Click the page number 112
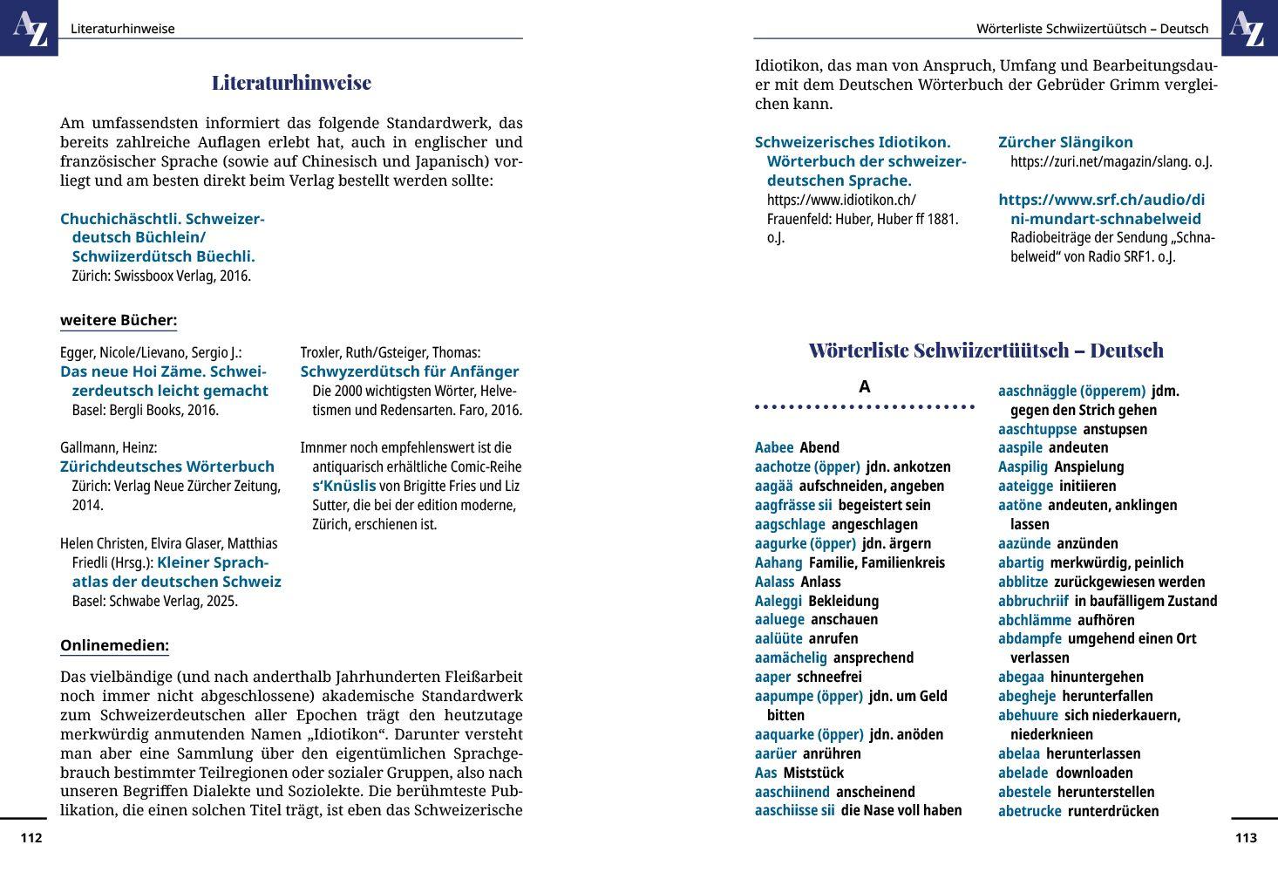(31, 838)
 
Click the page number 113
(1246, 838)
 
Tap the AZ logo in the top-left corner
(30, 28)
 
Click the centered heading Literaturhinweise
(291, 83)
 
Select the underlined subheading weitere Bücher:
(119, 320)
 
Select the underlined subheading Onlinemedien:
(114, 646)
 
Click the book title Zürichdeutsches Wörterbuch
(167, 467)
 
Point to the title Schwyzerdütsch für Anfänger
(410, 371)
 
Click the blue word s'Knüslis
(344, 486)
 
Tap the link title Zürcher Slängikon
(1065, 142)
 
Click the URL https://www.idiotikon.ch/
(841, 200)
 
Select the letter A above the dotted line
(864, 387)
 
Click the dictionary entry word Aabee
(774, 447)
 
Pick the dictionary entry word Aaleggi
(778, 601)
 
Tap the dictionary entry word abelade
(1023, 773)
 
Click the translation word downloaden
(1094, 773)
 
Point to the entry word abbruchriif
(1033, 601)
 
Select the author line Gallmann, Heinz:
(108, 447)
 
